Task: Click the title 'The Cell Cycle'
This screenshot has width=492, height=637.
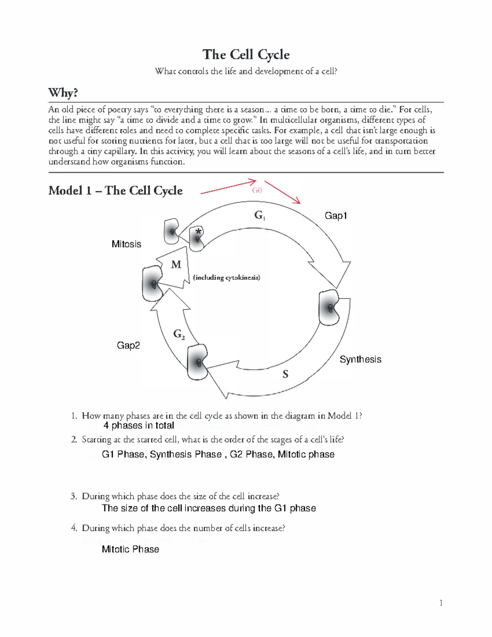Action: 246,55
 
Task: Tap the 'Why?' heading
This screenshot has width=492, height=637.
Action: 63,93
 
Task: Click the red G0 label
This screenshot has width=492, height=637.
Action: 257,190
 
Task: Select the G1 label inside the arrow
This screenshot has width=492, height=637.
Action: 260,215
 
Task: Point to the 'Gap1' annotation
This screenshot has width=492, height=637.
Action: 336,216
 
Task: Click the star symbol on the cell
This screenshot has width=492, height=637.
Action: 198,231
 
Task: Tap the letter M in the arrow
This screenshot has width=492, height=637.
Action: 176,265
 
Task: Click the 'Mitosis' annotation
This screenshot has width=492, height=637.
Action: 126,244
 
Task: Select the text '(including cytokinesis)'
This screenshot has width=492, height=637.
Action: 226,278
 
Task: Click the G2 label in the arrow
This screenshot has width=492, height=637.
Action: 179,335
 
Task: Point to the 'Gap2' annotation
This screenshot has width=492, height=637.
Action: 128,345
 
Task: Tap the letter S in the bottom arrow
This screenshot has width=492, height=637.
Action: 285,374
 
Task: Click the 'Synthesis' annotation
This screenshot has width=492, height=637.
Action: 360,359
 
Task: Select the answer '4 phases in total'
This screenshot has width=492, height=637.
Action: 139,425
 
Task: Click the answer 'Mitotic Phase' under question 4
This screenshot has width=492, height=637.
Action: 130,549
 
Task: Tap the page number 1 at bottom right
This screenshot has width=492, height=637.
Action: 441,603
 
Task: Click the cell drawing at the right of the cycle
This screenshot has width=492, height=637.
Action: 330,307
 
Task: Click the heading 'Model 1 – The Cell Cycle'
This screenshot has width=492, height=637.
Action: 115,191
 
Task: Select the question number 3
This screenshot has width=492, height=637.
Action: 74,496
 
